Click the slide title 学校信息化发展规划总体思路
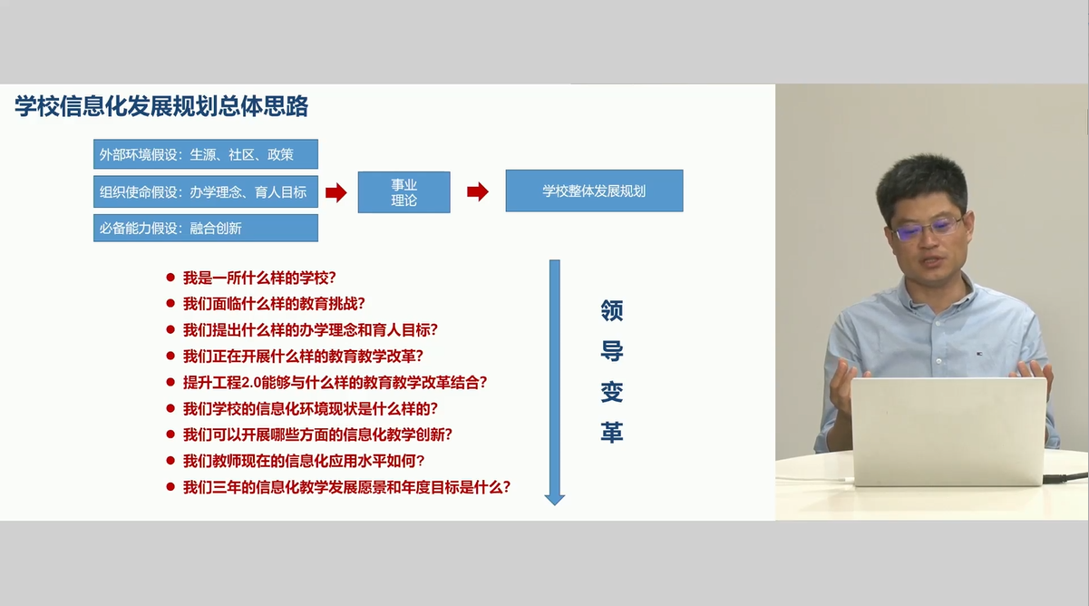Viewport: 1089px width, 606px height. pos(161,106)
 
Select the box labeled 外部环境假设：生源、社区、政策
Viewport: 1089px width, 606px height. pos(206,154)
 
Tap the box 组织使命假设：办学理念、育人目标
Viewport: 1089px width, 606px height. pos(206,191)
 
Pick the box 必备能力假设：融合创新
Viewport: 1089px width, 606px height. pos(206,228)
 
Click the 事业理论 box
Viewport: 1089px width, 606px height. pos(404,192)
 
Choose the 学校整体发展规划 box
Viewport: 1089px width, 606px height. pos(594,191)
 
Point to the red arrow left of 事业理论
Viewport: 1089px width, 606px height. pos(335,192)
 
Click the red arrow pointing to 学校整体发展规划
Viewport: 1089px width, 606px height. pos(478,191)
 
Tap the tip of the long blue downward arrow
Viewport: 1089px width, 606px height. pos(555,505)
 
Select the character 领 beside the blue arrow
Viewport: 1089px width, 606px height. pos(611,310)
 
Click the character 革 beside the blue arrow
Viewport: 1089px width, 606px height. pos(611,432)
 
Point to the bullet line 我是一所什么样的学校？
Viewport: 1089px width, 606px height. pos(259,278)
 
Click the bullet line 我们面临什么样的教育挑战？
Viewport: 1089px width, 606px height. pos(274,304)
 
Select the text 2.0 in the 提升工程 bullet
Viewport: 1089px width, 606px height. pos(251,383)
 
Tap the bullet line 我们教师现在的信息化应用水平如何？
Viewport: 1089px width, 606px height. pos(304,461)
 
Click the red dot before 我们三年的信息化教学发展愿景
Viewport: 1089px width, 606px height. pos(170,486)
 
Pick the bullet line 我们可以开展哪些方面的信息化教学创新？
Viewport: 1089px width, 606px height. pos(317,435)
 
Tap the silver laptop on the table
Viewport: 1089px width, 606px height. pos(948,432)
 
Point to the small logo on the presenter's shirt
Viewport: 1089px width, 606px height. pos(979,354)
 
